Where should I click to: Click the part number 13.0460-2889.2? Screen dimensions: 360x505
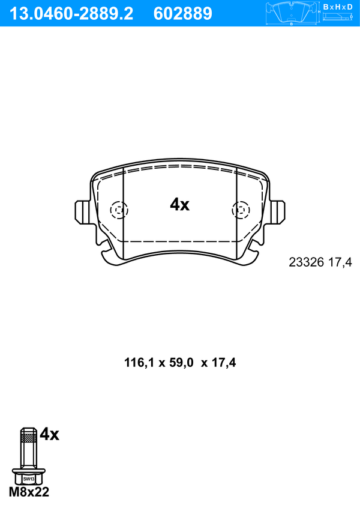tap(71, 14)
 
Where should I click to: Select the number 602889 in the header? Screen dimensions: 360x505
tap(183, 14)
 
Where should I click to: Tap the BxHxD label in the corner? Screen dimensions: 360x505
tap(338, 7)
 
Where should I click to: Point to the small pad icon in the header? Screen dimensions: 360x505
tap(291, 13)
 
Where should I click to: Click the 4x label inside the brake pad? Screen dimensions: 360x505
tap(180, 205)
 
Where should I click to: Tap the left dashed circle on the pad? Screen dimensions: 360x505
tap(119, 210)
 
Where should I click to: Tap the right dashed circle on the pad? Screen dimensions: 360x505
tap(241, 210)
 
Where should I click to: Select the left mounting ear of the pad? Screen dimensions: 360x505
tap(82, 211)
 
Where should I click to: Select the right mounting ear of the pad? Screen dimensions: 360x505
tap(277, 211)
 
